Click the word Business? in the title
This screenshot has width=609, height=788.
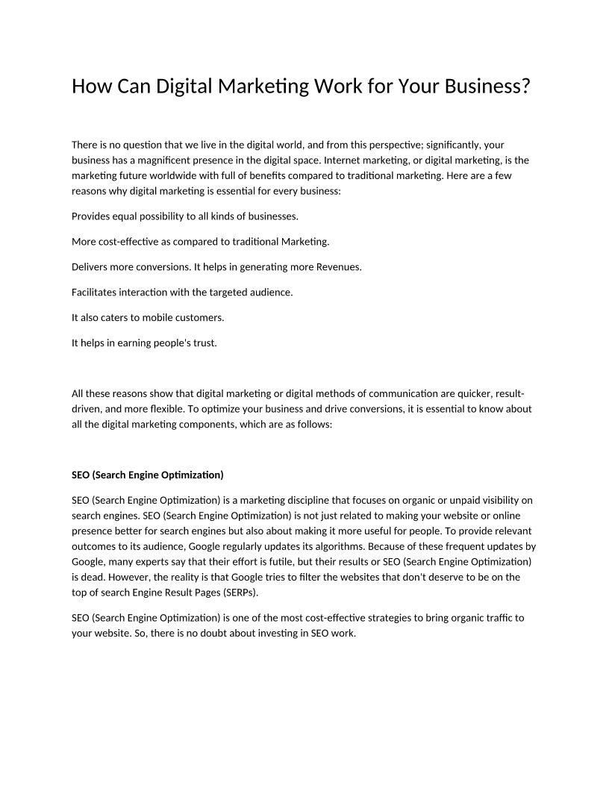point(487,87)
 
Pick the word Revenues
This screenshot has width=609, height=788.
point(337,266)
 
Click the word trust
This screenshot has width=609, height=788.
point(204,343)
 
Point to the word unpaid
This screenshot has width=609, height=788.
point(446,500)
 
